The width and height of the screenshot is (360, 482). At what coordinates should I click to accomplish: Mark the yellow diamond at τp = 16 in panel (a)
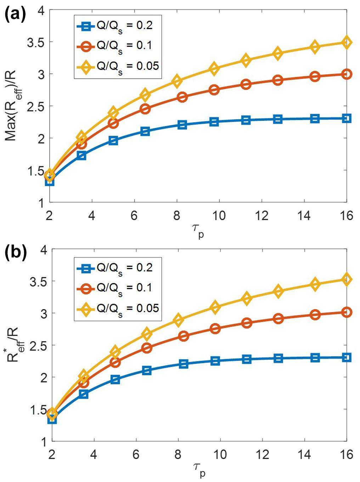point(347,43)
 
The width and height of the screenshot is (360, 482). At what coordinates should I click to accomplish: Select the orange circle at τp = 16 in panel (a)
point(347,74)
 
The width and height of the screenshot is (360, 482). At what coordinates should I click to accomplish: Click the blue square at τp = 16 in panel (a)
point(347,118)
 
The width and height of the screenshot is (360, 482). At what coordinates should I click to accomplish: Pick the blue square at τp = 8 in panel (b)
point(183,364)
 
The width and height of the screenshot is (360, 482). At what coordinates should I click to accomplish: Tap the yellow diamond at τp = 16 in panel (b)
point(347,279)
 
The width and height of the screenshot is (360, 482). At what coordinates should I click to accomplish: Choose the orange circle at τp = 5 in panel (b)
point(115,362)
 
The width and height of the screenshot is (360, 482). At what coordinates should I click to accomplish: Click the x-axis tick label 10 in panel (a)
point(219,216)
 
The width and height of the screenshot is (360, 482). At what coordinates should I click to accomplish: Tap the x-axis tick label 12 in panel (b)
point(262,454)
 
